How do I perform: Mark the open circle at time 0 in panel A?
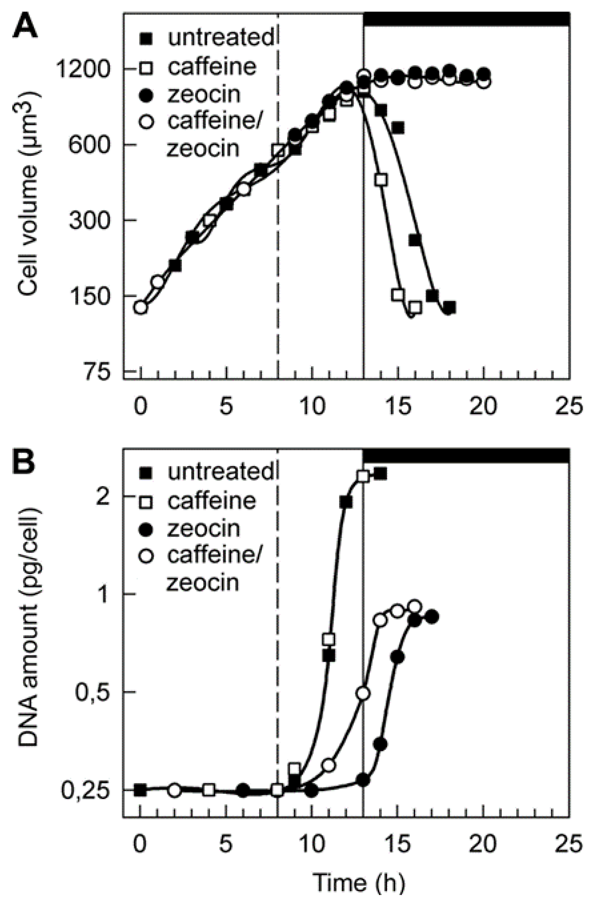pyautogui.click(x=141, y=307)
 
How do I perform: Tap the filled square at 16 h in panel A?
pyautogui.click(x=415, y=240)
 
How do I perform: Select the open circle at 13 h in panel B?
pyautogui.click(x=364, y=694)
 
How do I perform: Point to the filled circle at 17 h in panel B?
pyautogui.click(x=432, y=617)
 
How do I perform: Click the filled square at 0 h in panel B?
pyautogui.click(x=141, y=789)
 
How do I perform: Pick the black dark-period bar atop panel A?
pyautogui.click(x=466, y=19)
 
